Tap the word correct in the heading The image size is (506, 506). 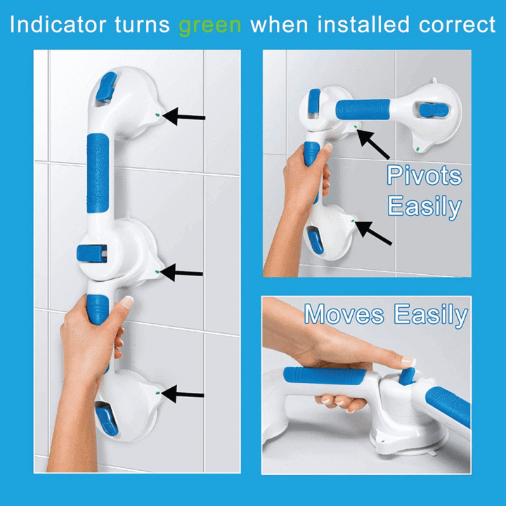point(457,25)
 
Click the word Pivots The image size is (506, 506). point(424,175)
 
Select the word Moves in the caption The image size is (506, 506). point(344,313)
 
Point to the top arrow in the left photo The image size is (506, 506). point(183,116)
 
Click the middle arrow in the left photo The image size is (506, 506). point(181,273)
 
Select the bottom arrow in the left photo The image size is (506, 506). point(182,394)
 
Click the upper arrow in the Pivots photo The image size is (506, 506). point(373,144)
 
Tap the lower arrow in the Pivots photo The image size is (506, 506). point(373,233)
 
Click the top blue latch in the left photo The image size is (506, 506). point(106,87)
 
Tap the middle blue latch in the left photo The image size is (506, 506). point(91,253)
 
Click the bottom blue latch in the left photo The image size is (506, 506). point(106,421)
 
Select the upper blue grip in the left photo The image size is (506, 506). point(98,173)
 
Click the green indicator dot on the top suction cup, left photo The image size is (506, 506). point(157,115)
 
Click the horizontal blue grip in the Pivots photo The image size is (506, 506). point(363,110)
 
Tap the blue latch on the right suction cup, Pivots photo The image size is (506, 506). point(434,110)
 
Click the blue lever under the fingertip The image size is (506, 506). point(407,376)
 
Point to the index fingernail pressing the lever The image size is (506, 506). point(408,361)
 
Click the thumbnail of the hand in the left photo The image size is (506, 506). point(126,302)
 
